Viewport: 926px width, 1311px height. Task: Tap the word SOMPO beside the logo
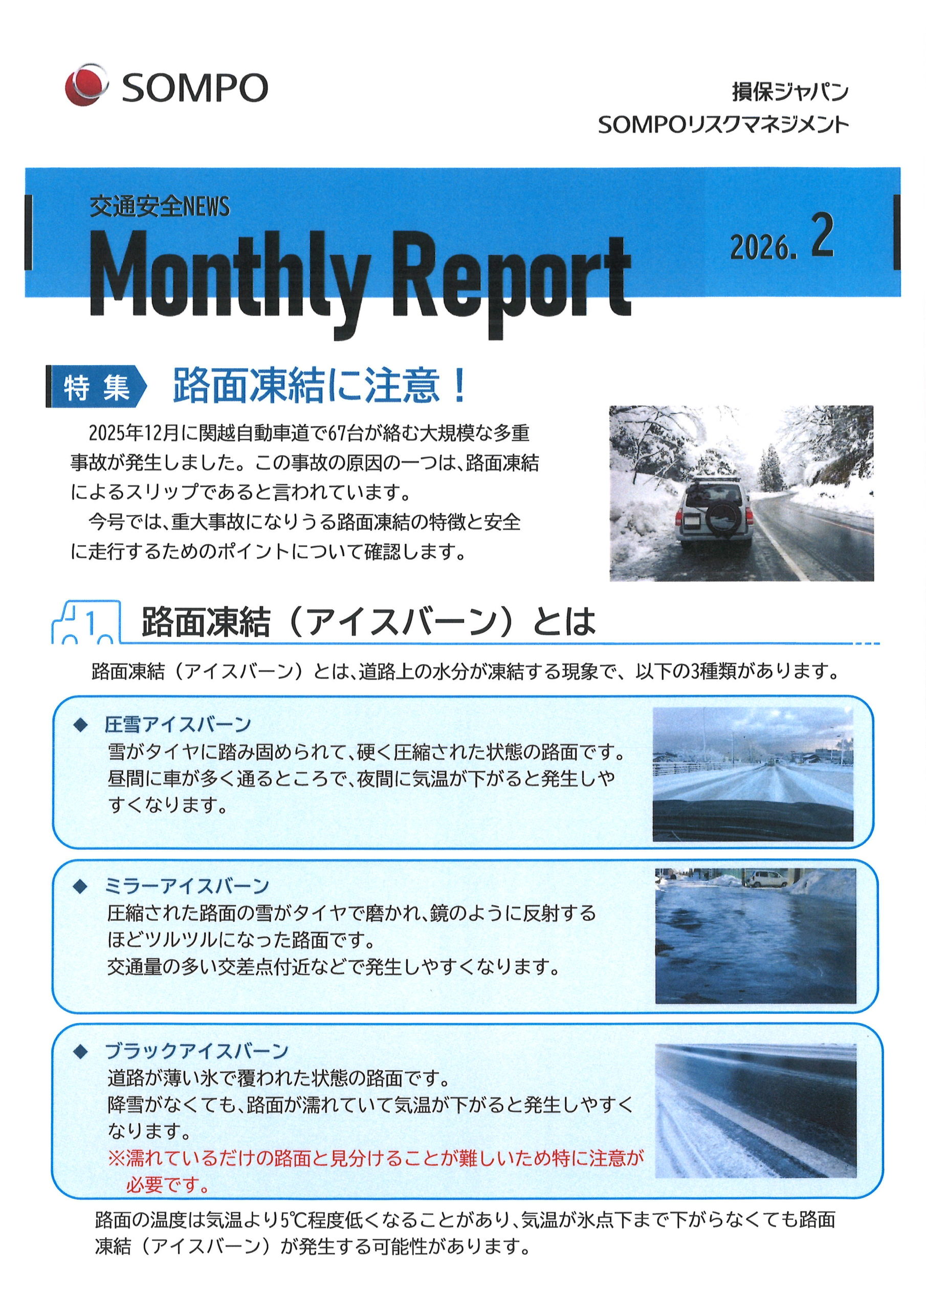pyautogui.click(x=194, y=88)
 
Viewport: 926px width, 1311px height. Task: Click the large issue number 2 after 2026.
pyautogui.click(x=822, y=235)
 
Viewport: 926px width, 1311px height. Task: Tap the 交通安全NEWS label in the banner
pyautogui.click(x=159, y=207)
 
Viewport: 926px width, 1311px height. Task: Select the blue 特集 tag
pyautogui.click(x=96, y=388)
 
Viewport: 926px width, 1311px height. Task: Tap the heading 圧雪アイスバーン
pyautogui.click(x=178, y=725)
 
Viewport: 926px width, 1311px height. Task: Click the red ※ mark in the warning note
pyautogui.click(x=117, y=1158)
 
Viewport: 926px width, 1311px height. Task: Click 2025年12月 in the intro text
pyautogui.click(x=134, y=433)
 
